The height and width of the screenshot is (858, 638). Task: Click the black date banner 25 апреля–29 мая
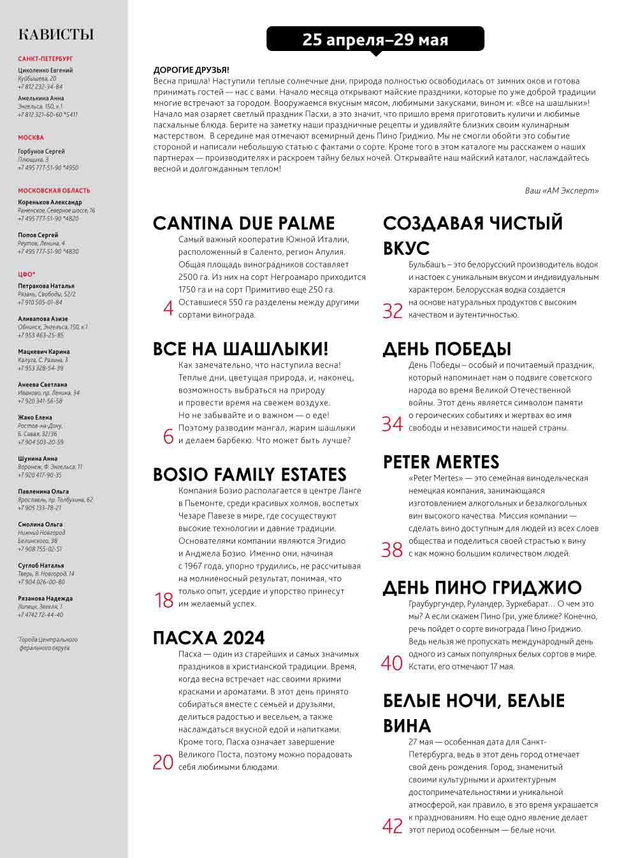[x=375, y=40]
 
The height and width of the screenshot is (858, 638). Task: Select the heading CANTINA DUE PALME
[x=243, y=223]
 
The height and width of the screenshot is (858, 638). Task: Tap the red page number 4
[x=168, y=309]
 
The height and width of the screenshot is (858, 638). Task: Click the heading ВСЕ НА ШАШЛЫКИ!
[x=240, y=349]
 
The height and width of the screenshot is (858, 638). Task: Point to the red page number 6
[x=168, y=436]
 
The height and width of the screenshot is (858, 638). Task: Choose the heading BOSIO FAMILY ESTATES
[x=249, y=474]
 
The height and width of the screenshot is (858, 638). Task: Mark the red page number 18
[x=164, y=600]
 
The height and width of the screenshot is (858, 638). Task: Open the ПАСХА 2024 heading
[x=208, y=637]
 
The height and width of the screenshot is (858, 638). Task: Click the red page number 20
[x=163, y=762]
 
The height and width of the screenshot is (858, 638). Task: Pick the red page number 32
[x=393, y=311]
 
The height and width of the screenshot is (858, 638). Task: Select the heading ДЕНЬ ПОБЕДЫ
[x=447, y=349]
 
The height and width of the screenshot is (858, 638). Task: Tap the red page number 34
[x=392, y=424]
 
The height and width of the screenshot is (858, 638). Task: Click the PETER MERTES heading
[x=440, y=462]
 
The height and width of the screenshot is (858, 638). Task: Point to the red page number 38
[x=392, y=549]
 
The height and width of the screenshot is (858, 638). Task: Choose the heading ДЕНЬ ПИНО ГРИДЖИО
[x=482, y=588]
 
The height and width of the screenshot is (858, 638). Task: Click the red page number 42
[x=393, y=826]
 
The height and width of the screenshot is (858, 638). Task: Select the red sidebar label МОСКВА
[x=31, y=138]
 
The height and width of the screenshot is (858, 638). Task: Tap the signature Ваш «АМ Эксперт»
[x=562, y=191]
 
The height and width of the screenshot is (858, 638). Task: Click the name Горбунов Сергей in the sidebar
[x=41, y=152]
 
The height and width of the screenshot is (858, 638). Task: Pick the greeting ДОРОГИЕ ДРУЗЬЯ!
[x=191, y=70]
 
